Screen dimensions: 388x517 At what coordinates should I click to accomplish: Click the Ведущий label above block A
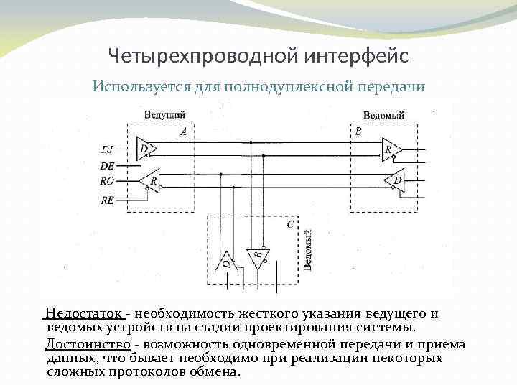[165, 115]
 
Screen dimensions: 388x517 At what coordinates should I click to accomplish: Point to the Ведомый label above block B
[383, 116]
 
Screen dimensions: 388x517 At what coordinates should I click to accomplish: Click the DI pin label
[107, 149]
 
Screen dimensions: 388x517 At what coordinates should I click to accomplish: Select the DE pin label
[107, 165]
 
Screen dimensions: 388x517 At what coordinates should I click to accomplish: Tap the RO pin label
[107, 181]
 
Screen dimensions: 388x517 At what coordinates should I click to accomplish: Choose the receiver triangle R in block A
[150, 181]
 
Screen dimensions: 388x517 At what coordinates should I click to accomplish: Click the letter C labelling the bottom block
[289, 224]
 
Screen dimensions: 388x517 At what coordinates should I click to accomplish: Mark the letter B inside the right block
[358, 132]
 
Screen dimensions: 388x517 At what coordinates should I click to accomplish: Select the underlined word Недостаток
[85, 314]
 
